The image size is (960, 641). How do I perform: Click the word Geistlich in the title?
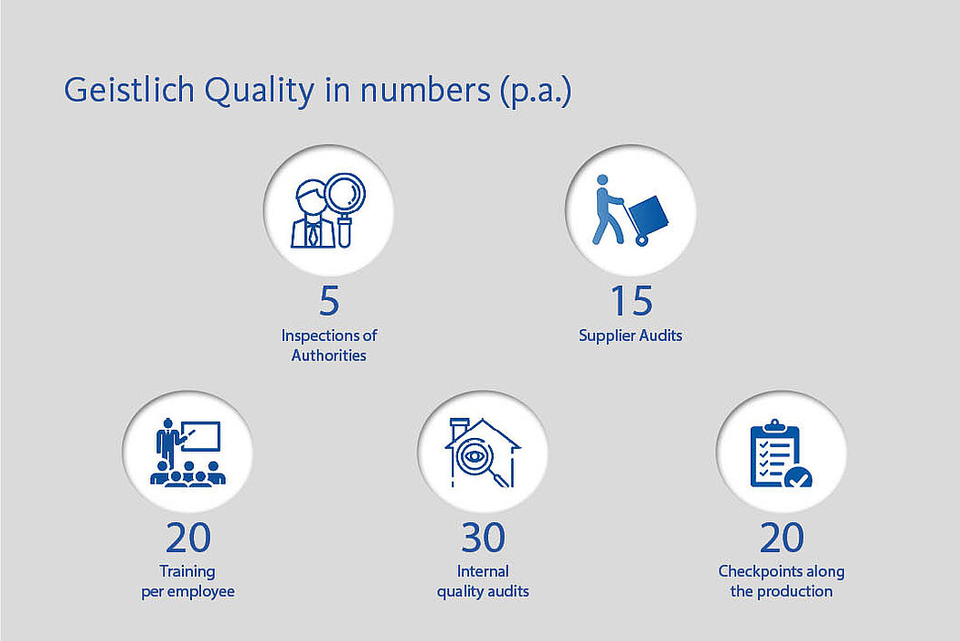[129, 90]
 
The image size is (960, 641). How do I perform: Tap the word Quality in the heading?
[260, 91]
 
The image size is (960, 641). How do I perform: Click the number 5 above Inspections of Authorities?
[329, 301]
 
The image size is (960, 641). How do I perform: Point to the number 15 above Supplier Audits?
[631, 301]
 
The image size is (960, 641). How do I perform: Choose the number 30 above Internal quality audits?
[483, 538]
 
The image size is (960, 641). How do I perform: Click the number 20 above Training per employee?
[188, 538]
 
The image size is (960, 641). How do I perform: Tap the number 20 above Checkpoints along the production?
[781, 538]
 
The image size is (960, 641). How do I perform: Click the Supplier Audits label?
[631, 336]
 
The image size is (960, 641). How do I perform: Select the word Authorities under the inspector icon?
[329, 356]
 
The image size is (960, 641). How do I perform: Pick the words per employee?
[188, 592]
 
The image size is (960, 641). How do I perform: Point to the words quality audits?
[483, 592]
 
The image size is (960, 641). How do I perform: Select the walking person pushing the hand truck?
[606, 210]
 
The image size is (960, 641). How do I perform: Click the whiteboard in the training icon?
[201, 436]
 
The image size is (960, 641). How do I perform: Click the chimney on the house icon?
[459, 427]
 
